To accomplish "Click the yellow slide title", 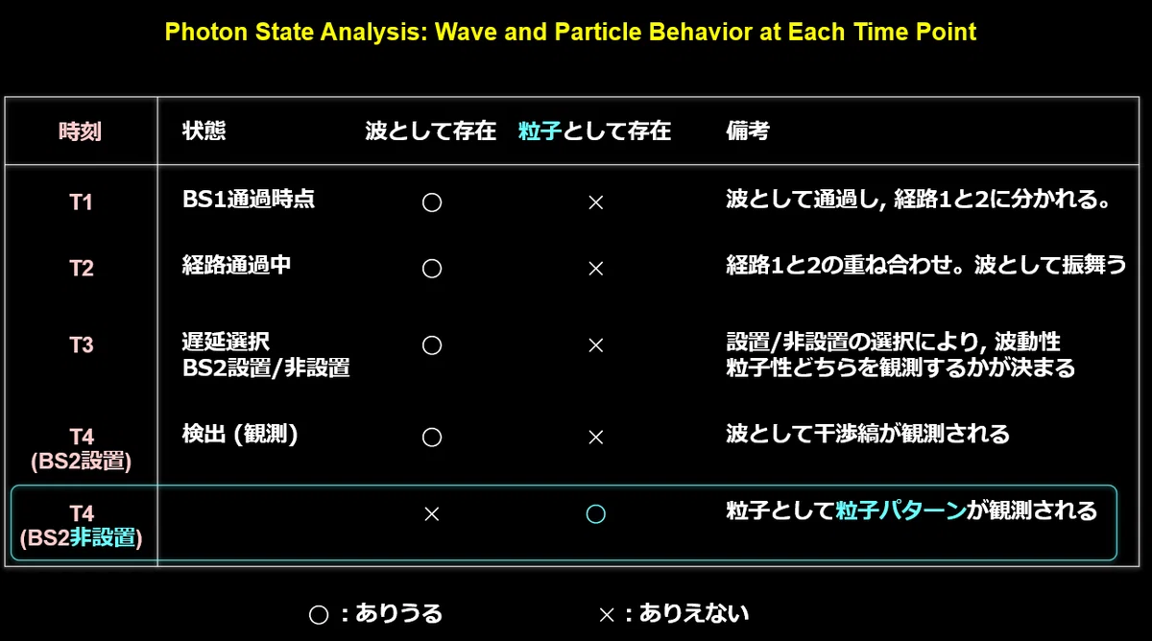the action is coord(570,32).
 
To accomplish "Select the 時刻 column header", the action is coord(81,131).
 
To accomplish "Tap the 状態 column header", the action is coord(204,131).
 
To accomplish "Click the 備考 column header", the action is coord(748,131).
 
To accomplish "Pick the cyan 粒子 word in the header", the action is coord(540,131).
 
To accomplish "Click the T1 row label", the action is coord(82,202).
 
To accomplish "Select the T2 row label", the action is coord(82,269).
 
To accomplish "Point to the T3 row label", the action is coord(82,344).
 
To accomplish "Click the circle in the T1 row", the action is coord(432,193).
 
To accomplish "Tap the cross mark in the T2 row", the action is coord(595,269).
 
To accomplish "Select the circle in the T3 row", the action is coord(432,336).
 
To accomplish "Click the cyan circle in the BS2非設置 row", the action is coord(595,505).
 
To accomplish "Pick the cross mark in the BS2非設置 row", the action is coord(432,514).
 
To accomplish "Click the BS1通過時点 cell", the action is coord(249,199).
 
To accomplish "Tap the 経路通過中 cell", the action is coord(236,265).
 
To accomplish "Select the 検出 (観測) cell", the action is coord(240,434).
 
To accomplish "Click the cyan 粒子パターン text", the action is coord(900,510).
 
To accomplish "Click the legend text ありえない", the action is coord(694,613).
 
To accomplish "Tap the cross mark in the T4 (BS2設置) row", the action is coord(595,438).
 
